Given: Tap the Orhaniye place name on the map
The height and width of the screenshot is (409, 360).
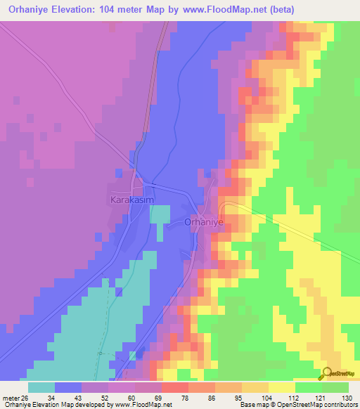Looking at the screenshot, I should point(203,221).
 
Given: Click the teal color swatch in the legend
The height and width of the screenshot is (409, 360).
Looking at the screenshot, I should point(41,387).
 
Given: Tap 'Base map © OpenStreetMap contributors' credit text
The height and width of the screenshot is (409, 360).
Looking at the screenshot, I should point(297,405).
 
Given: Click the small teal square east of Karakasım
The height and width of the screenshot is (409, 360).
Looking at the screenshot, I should point(160,214).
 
